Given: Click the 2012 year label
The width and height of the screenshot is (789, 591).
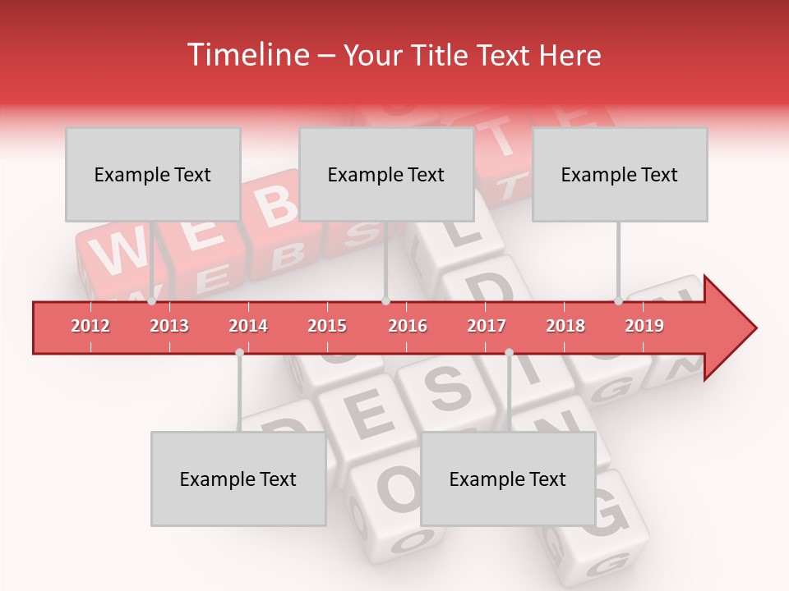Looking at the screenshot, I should [x=90, y=326].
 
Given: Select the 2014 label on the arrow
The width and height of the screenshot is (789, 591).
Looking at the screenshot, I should [x=248, y=326].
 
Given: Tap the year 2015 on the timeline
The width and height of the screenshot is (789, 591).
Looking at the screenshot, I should [x=327, y=326].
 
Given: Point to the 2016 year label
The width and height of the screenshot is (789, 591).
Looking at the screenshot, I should [x=408, y=326].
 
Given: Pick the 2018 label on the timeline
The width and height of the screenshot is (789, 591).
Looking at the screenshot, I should [x=565, y=326].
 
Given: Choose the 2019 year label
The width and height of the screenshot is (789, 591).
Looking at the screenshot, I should [x=644, y=326].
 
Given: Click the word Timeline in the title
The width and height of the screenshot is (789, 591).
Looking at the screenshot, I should [x=247, y=55].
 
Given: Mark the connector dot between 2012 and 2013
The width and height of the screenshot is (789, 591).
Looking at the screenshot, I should [x=151, y=301].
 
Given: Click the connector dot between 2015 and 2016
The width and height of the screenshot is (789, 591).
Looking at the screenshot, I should [x=385, y=301].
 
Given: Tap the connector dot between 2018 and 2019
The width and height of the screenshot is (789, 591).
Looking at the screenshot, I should [x=618, y=301].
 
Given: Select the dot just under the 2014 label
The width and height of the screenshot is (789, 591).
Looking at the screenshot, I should [x=239, y=352].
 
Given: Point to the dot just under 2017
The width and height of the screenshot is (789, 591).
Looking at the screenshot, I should [x=509, y=352].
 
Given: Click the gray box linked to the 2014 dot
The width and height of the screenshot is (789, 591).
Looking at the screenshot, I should [x=238, y=479].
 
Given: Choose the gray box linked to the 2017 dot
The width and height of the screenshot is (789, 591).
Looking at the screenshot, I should [x=508, y=479].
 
